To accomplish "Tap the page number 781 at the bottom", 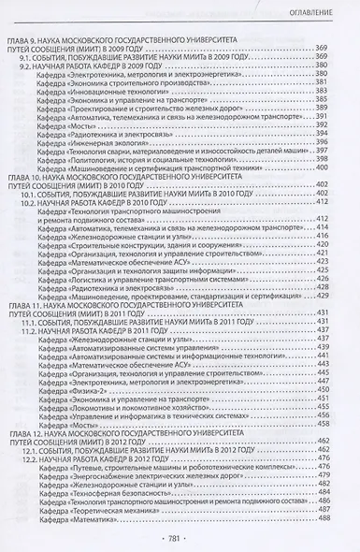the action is point(180,540).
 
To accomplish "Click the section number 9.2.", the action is point(35,66).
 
